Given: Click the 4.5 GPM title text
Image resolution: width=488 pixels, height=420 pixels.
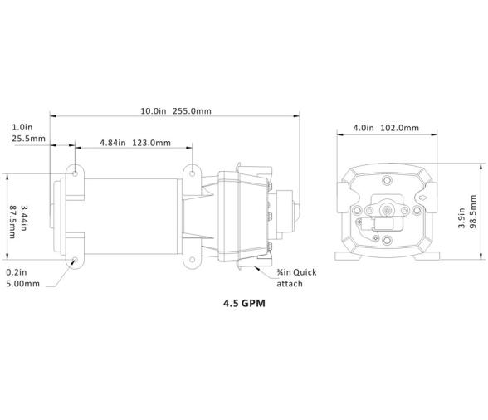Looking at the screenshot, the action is (x=244, y=303).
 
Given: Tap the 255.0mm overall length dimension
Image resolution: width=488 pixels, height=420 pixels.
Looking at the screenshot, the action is (x=192, y=111).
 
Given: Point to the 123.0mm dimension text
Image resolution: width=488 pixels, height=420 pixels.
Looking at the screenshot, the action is (x=152, y=143).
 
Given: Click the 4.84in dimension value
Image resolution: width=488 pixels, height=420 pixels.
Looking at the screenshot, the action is (x=113, y=143).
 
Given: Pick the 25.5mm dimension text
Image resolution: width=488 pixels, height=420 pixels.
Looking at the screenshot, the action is (x=28, y=139).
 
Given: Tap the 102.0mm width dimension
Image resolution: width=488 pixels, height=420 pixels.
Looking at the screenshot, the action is (x=400, y=128).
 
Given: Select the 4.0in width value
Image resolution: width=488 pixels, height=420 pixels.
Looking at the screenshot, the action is (x=364, y=128).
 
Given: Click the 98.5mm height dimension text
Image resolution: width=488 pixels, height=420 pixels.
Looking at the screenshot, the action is (x=473, y=212).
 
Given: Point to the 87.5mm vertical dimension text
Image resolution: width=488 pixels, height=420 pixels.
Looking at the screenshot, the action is (x=12, y=222).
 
